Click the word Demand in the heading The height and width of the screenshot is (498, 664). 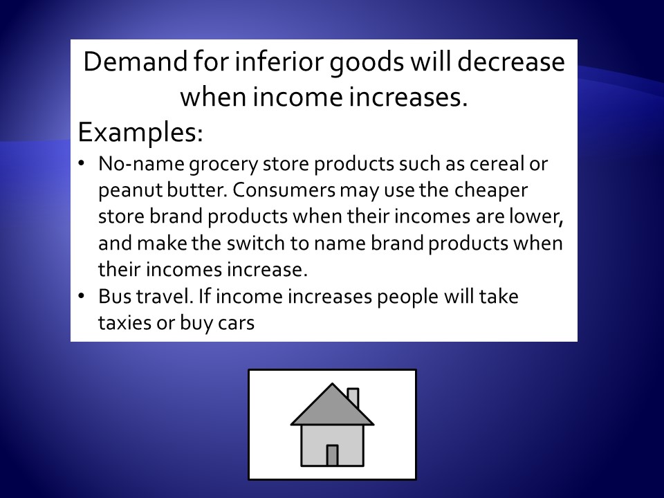click(x=135, y=62)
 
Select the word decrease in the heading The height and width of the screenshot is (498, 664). click(x=511, y=62)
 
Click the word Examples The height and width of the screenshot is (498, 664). click(x=140, y=133)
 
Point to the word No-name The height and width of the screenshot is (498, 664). click(x=141, y=163)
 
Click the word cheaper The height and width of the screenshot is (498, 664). click(x=491, y=190)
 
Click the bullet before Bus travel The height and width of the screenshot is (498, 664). click(x=82, y=295)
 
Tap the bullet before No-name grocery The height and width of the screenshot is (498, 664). click(x=82, y=163)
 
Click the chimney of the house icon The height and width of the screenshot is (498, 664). click(x=353, y=396)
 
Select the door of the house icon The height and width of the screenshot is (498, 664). click(x=333, y=456)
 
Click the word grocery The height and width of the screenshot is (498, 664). click(x=223, y=165)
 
